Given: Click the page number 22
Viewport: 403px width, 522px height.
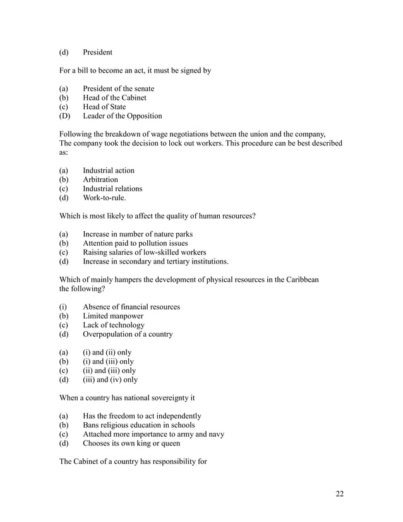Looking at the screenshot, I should point(339,494).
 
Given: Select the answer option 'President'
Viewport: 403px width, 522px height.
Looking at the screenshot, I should point(97,52).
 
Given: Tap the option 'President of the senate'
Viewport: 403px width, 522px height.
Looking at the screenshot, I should point(118,89).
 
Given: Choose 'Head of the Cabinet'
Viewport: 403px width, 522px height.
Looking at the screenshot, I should point(114,98).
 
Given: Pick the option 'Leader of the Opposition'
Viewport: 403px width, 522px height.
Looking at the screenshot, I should point(122,116).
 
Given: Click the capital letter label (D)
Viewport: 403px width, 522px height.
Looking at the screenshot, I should point(64,116).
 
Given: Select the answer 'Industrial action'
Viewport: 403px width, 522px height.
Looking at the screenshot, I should point(108,171).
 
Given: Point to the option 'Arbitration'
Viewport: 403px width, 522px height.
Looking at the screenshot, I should point(100,180).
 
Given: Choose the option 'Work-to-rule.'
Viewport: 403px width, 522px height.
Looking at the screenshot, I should point(104,198).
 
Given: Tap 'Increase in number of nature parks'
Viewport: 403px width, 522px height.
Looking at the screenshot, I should point(138,234).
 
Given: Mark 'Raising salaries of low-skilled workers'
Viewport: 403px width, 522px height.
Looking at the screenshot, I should point(145,252).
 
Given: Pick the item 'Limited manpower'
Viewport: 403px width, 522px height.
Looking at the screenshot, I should point(112,316).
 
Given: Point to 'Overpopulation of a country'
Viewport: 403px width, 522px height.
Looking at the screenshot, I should point(128,334).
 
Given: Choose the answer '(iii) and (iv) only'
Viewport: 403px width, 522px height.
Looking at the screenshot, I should point(110,380).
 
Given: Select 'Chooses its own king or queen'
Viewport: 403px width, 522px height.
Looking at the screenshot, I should point(131,444).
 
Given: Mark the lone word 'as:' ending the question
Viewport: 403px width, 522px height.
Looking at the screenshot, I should point(64,152).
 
